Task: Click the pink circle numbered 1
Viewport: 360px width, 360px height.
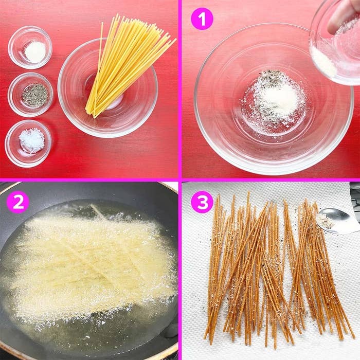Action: [202, 19]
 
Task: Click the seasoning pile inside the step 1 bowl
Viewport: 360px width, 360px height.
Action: [273, 98]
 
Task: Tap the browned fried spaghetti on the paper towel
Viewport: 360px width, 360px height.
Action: [267, 267]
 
